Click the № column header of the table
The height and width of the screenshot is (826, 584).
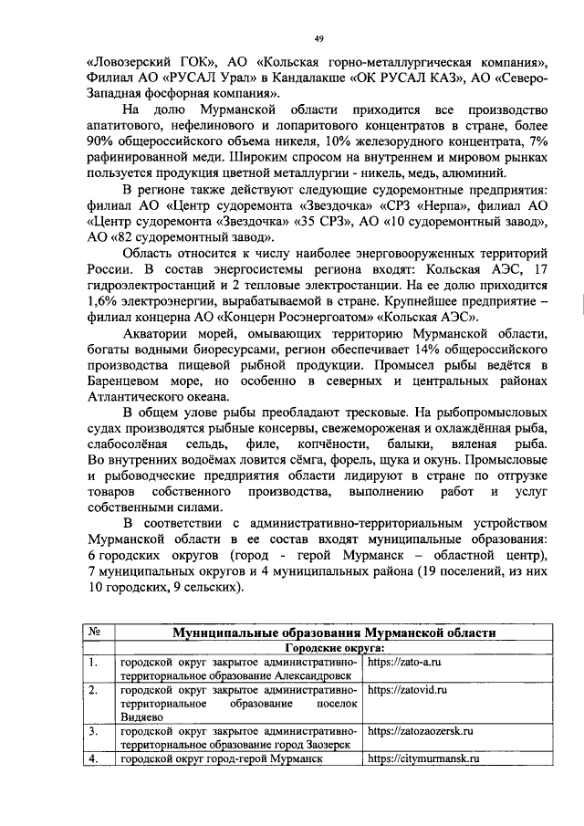pyautogui.click(x=96, y=632)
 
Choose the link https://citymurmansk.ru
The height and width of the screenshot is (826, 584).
pyautogui.click(x=423, y=759)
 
